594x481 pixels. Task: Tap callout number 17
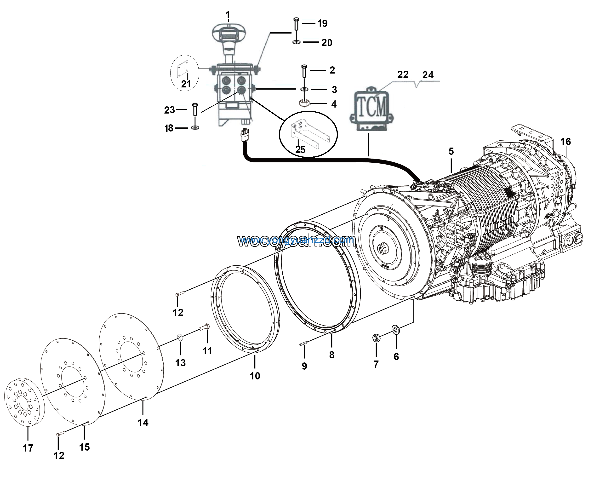[28, 448]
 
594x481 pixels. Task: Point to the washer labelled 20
[296, 42]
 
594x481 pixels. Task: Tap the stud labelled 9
[304, 344]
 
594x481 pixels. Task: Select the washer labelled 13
[180, 337]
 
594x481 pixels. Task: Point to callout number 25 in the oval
[300, 150]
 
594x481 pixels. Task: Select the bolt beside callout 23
[195, 109]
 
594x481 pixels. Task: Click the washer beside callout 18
[195, 128]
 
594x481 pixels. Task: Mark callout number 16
[565, 142]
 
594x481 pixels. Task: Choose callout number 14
[143, 422]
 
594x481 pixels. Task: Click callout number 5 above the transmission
[451, 151]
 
